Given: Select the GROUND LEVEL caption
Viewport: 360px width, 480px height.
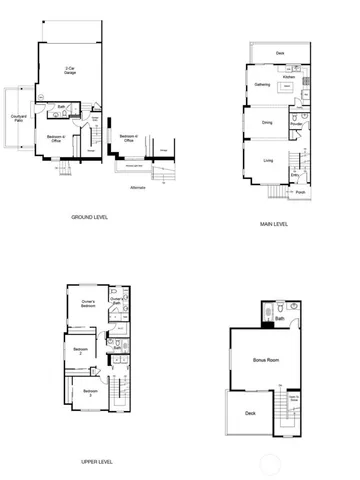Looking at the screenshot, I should coord(89,216).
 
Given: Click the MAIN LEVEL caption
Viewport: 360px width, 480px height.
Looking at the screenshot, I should coord(274,224).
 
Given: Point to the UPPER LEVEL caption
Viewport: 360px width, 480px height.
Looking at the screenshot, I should coord(96,462).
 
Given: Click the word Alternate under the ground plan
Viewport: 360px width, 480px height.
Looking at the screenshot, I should coord(137,187).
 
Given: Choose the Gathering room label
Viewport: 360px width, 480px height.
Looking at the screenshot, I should coord(263,84).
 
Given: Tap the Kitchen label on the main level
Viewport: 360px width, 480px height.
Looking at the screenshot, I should coord(289,75).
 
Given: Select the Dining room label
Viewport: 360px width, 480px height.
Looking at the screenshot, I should coord(267,122).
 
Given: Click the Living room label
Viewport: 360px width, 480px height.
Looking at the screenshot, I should coord(268,160).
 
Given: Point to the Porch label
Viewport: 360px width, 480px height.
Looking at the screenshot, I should coord(300,193).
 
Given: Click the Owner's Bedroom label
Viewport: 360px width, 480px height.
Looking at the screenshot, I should coord(88,303).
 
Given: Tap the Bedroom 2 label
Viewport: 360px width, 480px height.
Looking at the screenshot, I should coord(80,351).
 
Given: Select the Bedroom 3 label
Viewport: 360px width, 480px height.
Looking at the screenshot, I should coord(89,391).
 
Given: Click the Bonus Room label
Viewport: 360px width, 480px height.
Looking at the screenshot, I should coord(265,359).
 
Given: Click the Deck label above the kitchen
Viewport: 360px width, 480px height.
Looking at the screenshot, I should coord(280,52).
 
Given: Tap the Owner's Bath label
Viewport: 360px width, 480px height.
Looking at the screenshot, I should coord(116,301).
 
